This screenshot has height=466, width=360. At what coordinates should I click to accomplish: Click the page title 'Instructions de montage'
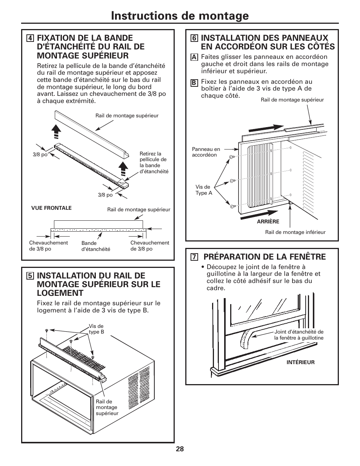(x=180, y=15)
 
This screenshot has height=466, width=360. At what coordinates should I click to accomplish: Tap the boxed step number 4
(x=29, y=38)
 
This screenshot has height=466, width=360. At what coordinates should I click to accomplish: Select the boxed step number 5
(x=29, y=276)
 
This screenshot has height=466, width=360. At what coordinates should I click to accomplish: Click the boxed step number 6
(x=194, y=38)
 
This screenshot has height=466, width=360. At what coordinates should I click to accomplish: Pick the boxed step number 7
(x=194, y=257)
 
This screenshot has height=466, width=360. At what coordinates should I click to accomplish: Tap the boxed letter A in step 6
(x=194, y=57)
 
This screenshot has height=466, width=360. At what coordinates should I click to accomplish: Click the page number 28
(x=180, y=449)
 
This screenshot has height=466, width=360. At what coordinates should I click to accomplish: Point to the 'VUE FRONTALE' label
(x=51, y=208)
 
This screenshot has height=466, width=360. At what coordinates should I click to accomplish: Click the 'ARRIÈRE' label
(x=268, y=221)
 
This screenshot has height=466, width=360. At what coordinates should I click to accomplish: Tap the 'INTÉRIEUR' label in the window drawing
(x=300, y=362)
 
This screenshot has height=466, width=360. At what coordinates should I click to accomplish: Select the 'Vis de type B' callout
(x=96, y=329)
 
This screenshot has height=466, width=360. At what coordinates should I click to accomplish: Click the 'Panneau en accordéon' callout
(x=206, y=152)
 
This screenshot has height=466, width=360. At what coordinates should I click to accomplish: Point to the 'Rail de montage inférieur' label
(x=295, y=232)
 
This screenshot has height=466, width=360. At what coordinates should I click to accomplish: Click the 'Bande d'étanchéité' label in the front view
(x=96, y=246)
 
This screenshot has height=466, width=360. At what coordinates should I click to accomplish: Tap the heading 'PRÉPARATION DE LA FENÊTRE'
(x=265, y=257)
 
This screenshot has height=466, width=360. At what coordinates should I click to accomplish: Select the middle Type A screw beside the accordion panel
(x=233, y=181)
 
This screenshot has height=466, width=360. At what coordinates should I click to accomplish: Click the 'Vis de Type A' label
(x=204, y=190)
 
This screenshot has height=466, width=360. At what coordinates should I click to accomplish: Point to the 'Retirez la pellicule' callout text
(x=154, y=162)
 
